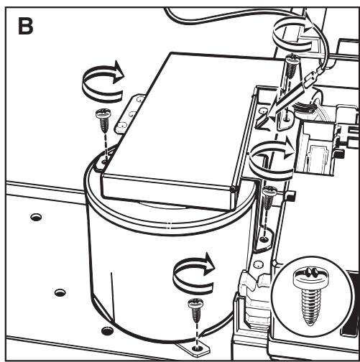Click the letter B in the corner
pos(25,27)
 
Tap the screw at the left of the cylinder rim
pos(103,121)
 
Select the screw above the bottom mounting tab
pos(196,310)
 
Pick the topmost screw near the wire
pos(292,66)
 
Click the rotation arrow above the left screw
pos(103,81)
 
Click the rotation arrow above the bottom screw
pos(193,273)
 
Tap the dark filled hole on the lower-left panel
pos(108,330)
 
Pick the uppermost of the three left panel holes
pos(36,217)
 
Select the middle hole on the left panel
pos(60,292)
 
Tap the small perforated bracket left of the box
pos(129,113)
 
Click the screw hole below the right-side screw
pos(264,239)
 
